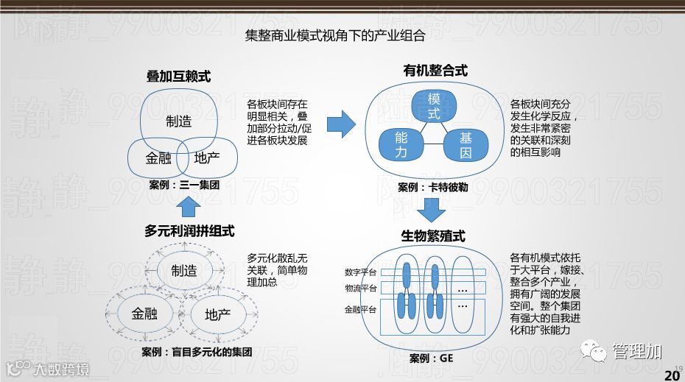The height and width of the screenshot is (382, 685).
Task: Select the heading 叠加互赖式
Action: (178, 76)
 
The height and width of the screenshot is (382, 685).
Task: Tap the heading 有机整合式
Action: (435, 71)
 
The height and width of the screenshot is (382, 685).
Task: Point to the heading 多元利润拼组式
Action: (189, 231)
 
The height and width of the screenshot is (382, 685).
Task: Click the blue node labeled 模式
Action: (434, 107)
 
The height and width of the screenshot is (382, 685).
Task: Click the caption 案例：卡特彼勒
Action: (433, 188)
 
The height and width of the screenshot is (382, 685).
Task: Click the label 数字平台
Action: (360, 272)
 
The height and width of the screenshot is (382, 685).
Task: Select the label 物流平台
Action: (360, 288)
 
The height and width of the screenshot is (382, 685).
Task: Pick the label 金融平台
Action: (360, 310)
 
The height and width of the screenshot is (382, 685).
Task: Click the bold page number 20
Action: (672, 375)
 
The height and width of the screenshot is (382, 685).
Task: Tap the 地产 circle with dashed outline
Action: (217, 314)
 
